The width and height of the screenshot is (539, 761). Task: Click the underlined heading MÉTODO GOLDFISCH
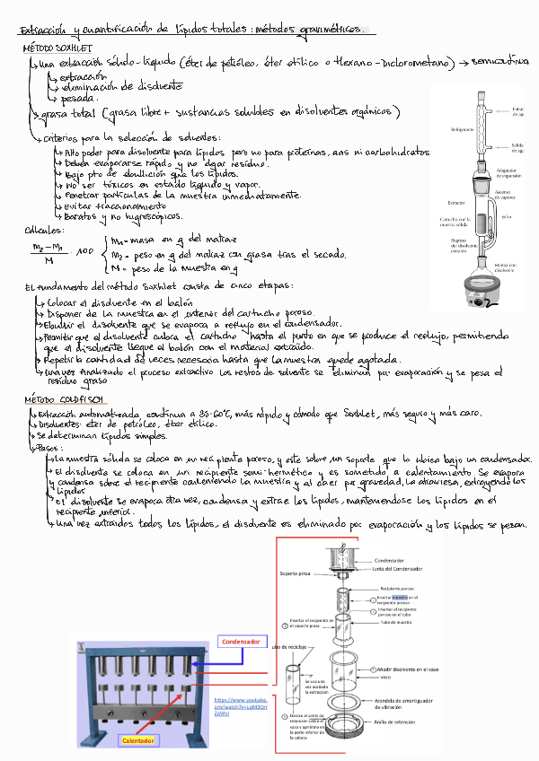click(64, 398)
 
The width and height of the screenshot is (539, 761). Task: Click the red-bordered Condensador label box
click(241, 642)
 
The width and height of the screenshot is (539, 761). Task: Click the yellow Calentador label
click(140, 740)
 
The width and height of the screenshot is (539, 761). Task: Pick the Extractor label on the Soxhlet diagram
click(455, 204)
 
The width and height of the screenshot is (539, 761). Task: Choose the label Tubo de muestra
click(395, 621)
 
